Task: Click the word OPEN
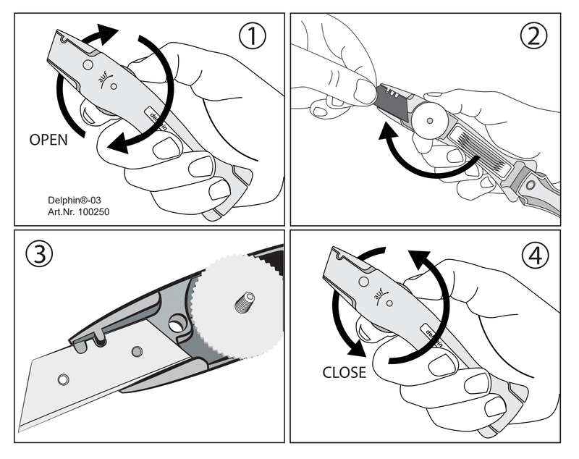[x=48, y=140]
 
